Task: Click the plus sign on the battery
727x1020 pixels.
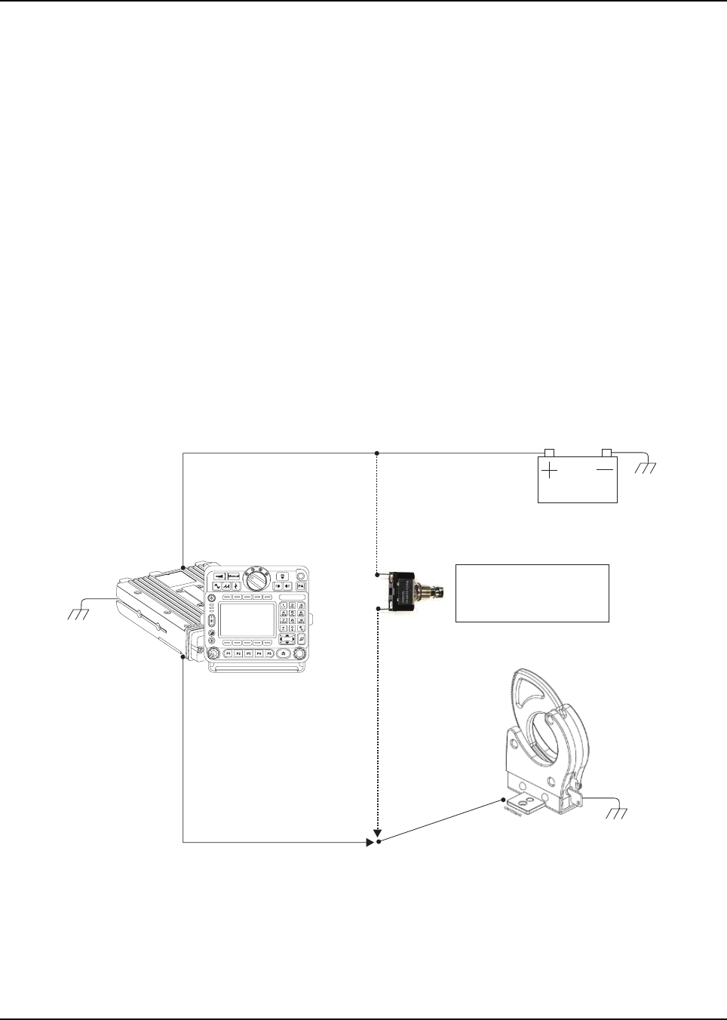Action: tap(551, 470)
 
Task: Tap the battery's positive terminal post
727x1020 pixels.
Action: tap(549, 453)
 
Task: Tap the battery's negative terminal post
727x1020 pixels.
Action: tap(606, 452)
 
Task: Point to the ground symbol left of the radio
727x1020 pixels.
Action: tap(78, 613)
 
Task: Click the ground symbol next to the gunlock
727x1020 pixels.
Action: tap(616, 813)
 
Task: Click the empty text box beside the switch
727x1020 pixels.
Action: tap(532, 592)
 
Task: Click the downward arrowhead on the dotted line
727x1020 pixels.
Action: tap(378, 833)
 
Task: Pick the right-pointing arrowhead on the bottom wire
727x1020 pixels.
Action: tap(370, 841)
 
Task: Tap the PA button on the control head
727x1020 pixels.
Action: tap(300, 585)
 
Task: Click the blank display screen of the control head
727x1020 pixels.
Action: tap(247, 619)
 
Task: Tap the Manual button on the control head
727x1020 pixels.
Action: tap(234, 576)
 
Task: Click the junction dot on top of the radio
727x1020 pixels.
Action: tap(184, 567)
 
